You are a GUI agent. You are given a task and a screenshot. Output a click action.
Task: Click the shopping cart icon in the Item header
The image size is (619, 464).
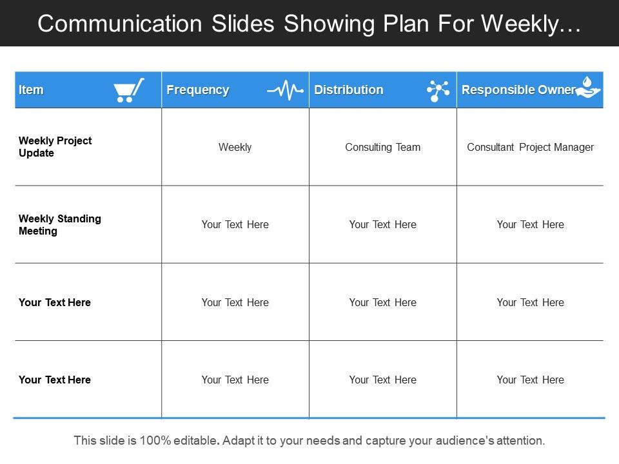[129, 90]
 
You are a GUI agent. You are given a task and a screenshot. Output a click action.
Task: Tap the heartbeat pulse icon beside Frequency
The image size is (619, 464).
[285, 90]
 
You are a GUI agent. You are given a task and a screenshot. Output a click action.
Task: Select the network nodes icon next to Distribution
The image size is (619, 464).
[438, 91]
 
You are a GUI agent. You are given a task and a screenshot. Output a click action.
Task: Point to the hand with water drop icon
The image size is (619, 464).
[588, 87]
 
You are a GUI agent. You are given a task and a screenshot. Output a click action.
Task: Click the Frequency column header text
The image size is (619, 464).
[198, 90]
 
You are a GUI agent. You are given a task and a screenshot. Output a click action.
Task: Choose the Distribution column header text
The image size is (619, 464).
[349, 90]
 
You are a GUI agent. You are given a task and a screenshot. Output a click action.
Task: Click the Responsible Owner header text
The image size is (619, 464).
[518, 90]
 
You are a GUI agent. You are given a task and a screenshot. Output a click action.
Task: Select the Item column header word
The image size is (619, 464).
[31, 90]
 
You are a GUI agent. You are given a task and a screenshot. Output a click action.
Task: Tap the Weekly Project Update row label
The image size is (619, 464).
[55, 147]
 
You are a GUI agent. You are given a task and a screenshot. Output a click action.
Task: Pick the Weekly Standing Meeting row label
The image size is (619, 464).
[59, 224]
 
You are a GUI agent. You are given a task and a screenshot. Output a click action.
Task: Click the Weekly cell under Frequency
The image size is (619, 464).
[235, 147]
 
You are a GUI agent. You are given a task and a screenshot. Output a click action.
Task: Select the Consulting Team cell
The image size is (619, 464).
[382, 147]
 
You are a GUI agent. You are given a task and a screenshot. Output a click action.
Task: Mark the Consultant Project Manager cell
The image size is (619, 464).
[530, 147]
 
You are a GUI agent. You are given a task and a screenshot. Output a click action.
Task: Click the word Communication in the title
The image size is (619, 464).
[120, 24]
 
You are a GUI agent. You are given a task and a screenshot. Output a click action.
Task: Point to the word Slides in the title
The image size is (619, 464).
[243, 24]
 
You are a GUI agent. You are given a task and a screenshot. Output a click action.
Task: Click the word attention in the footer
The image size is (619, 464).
[520, 440]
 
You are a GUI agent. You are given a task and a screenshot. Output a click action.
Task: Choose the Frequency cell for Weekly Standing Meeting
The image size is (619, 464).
[235, 224]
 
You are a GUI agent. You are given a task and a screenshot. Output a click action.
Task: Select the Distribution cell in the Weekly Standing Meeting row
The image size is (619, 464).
[382, 224]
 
